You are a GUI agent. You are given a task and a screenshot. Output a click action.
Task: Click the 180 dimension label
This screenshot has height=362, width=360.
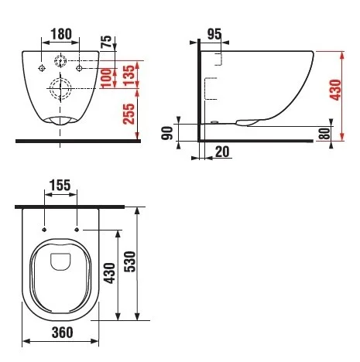pos(61,34)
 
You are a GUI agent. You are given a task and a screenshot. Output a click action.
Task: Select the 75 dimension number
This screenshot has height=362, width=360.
pos(106,42)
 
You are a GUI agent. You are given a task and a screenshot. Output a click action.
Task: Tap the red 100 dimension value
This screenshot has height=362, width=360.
pos(106,77)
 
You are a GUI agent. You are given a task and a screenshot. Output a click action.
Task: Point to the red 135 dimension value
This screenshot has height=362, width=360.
pos(129,76)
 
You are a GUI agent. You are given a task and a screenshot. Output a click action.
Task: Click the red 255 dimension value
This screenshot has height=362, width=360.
pos(129,114)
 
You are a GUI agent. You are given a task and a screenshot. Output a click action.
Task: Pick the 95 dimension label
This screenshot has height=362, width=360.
pos(214,34)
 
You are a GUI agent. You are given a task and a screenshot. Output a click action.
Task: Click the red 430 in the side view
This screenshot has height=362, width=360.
pos(335,90)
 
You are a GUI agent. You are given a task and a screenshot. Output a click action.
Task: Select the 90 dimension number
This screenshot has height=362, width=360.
pos(167,133)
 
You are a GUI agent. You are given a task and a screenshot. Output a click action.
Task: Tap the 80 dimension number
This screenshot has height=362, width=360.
pos(324,133)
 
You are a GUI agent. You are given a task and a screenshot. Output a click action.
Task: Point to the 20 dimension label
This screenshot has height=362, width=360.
pos(222,152)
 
